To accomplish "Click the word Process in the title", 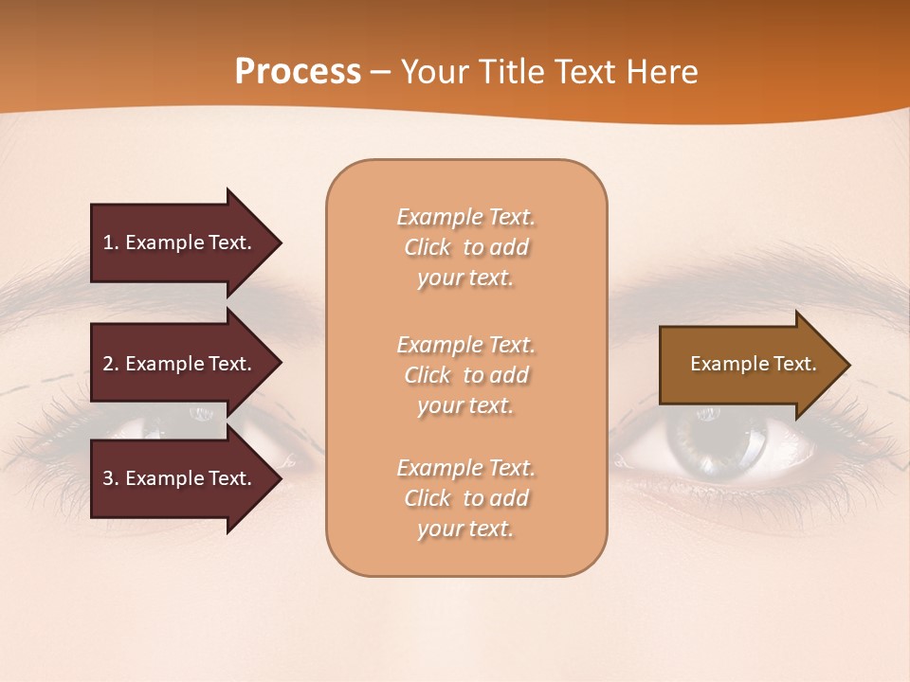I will click(298, 72).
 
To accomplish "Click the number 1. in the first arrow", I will click(111, 242).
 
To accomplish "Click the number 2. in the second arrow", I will click(111, 364).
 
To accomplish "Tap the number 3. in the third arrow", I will click(111, 478).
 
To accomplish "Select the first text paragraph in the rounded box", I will click(465, 247).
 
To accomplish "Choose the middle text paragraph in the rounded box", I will click(465, 375).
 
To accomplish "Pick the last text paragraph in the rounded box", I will click(465, 498).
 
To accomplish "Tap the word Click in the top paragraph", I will click(428, 247).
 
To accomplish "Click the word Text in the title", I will click(593, 72).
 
